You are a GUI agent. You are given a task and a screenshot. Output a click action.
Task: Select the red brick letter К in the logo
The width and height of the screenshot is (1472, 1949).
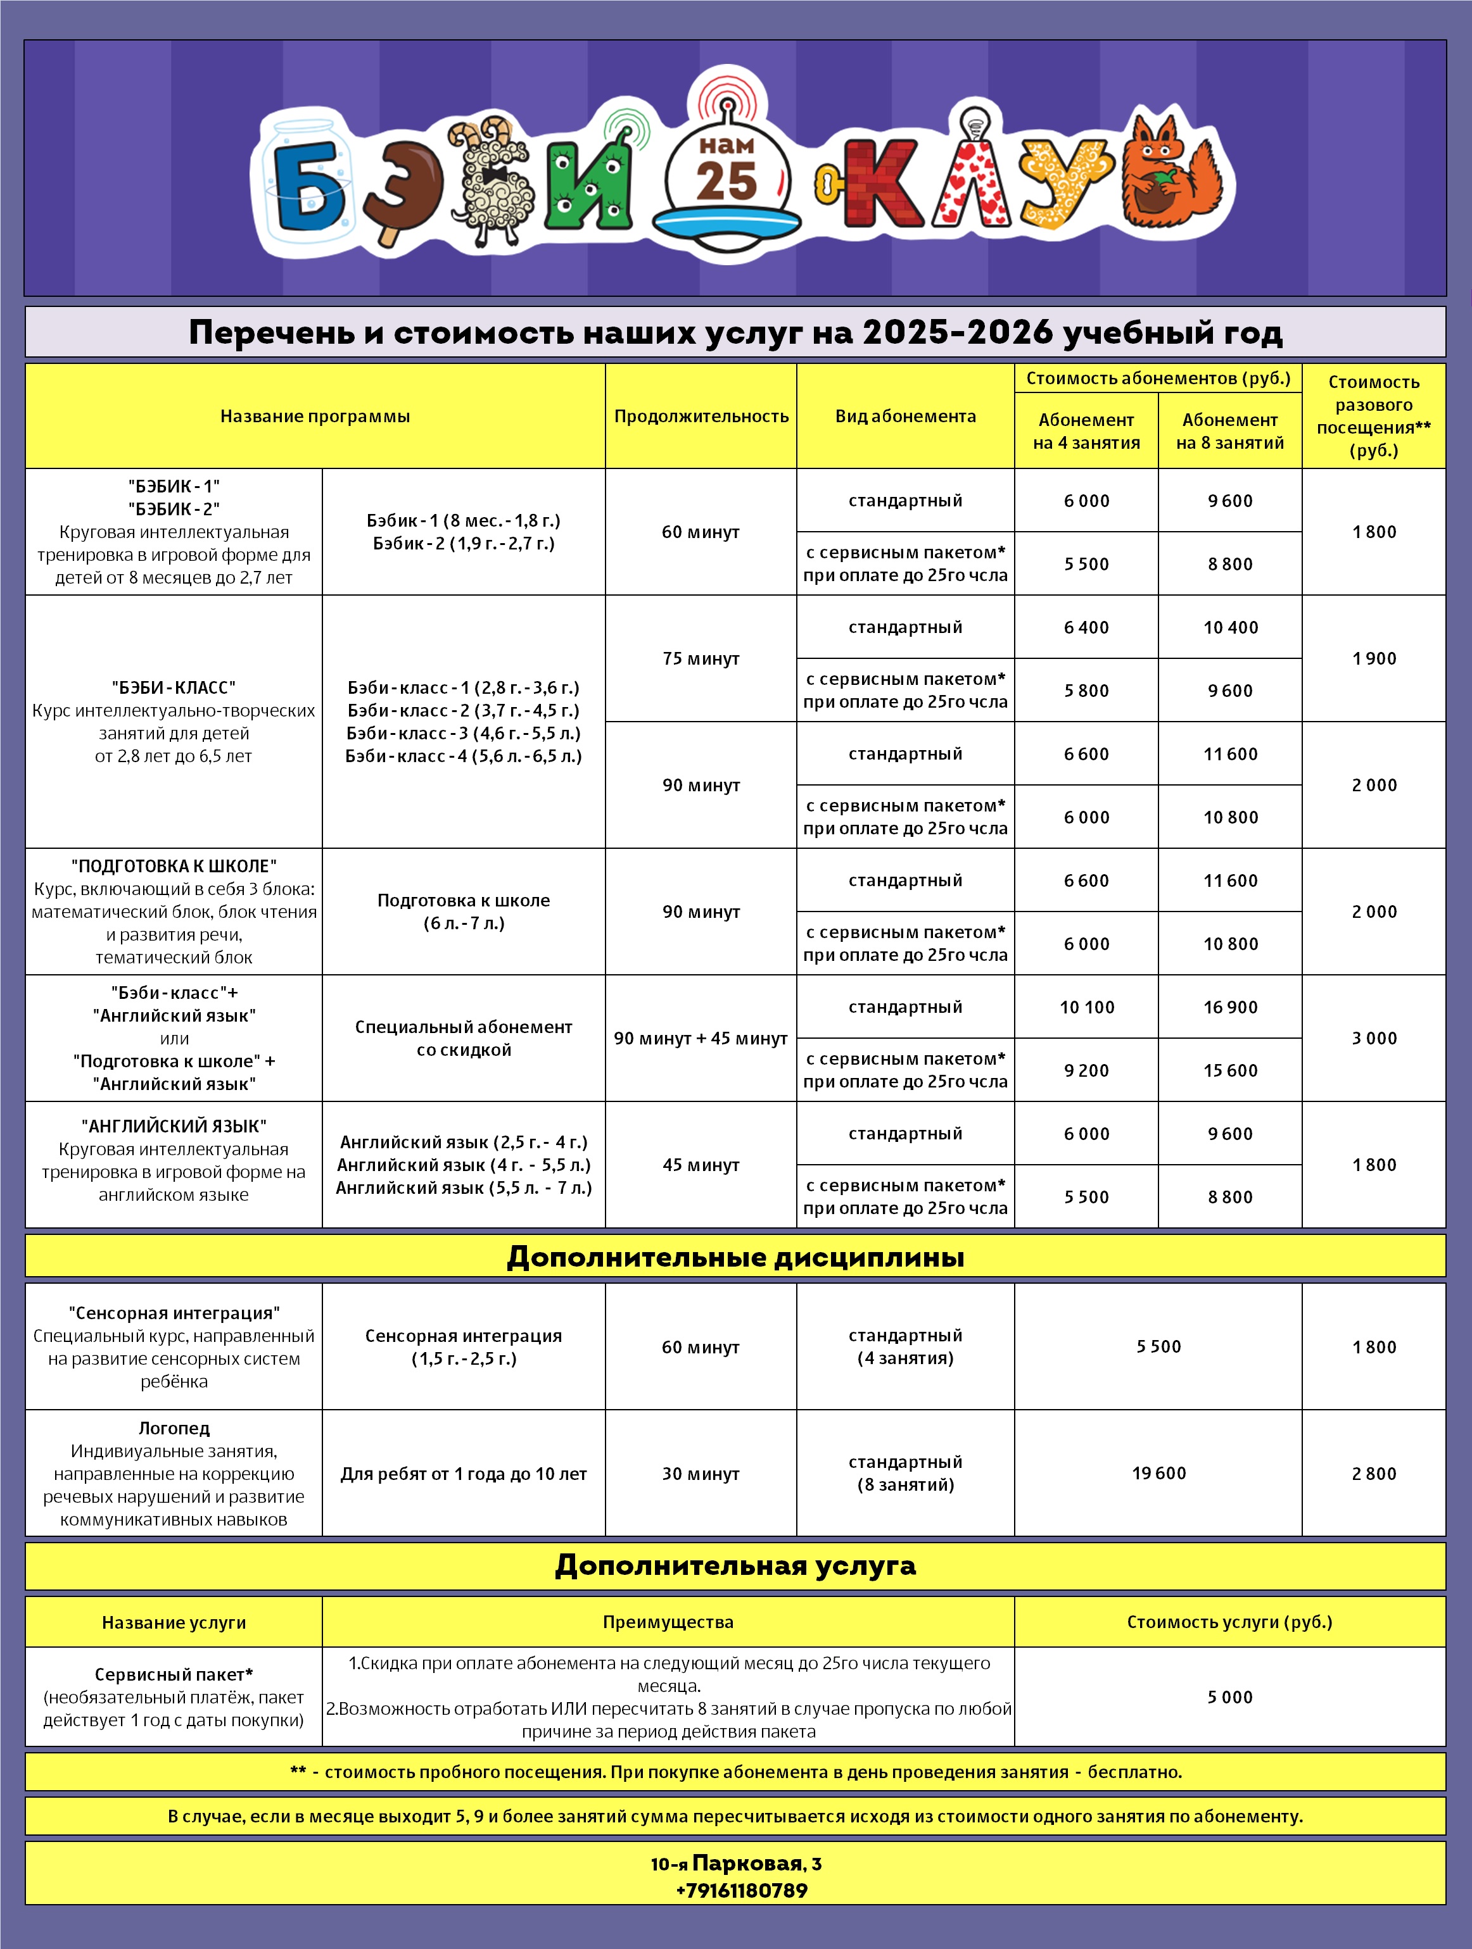pyautogui.click(x=880, y=184)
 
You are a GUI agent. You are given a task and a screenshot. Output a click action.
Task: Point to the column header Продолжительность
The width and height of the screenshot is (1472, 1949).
pyautogui.click(x=701, y=416)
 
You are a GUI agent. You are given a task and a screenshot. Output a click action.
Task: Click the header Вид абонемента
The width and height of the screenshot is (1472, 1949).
pyautogui.click(x=905, y=416)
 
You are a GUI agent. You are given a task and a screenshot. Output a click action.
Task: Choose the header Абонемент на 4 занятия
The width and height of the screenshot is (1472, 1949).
pyautogui.click(x=1086, y=431)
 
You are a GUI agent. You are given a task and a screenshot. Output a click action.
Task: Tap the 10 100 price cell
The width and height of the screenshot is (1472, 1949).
pyautogui.click(x=1086, y=1007)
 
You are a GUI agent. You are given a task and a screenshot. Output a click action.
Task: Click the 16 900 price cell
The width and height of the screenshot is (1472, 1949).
pyautogui.click(x=1229, y=1007)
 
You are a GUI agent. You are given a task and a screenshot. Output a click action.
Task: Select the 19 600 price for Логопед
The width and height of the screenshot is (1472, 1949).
pyautogui.click(x=1158, y=1473)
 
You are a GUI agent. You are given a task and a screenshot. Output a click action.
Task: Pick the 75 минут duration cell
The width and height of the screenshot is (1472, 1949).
pyautogui.click(x=701, y=658)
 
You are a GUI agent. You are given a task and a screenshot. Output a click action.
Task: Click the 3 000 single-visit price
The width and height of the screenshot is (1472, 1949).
pyautogui.click(x=1373, y=1038)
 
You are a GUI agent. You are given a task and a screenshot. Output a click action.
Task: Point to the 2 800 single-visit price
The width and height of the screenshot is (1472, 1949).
pyautogui.click(x=1373, y=1473)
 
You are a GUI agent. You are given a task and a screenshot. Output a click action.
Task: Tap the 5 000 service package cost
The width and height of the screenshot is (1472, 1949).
pyautogui.click(x=1229, y=1697)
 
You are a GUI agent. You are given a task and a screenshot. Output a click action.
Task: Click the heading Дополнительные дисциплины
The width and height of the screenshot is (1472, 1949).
pyautogui.click(x=735, y=1257)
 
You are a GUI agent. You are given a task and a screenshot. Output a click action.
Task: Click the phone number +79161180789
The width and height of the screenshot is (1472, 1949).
pyautogui.click(x=741, y=1890)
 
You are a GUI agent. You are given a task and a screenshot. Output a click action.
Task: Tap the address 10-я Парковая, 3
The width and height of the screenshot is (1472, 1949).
pyautogui.click(x=735, y=1864)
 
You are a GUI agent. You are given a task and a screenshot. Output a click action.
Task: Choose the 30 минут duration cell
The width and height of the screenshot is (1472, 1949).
pyautogui.click(x=701, y=1473)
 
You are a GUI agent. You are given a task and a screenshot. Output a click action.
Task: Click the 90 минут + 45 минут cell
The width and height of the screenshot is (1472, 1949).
pyautogui.click(x=701, y=1038)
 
